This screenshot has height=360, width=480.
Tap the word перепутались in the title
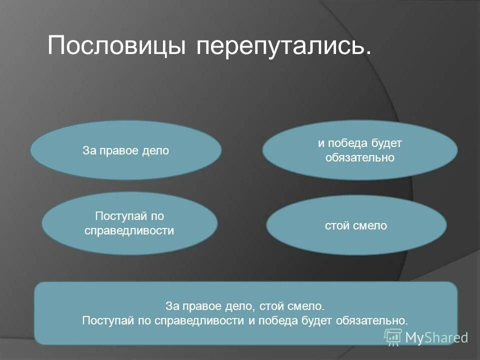[x=283, y=46]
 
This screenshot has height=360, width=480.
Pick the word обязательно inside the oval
[x=360, y=158]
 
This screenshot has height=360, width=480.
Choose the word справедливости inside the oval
[x=129, y=230]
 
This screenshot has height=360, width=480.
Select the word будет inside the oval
[x=386, y=143]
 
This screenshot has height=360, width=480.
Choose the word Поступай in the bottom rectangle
[x=103, y=320]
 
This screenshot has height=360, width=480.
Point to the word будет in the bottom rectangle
[x=316, y=320]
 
